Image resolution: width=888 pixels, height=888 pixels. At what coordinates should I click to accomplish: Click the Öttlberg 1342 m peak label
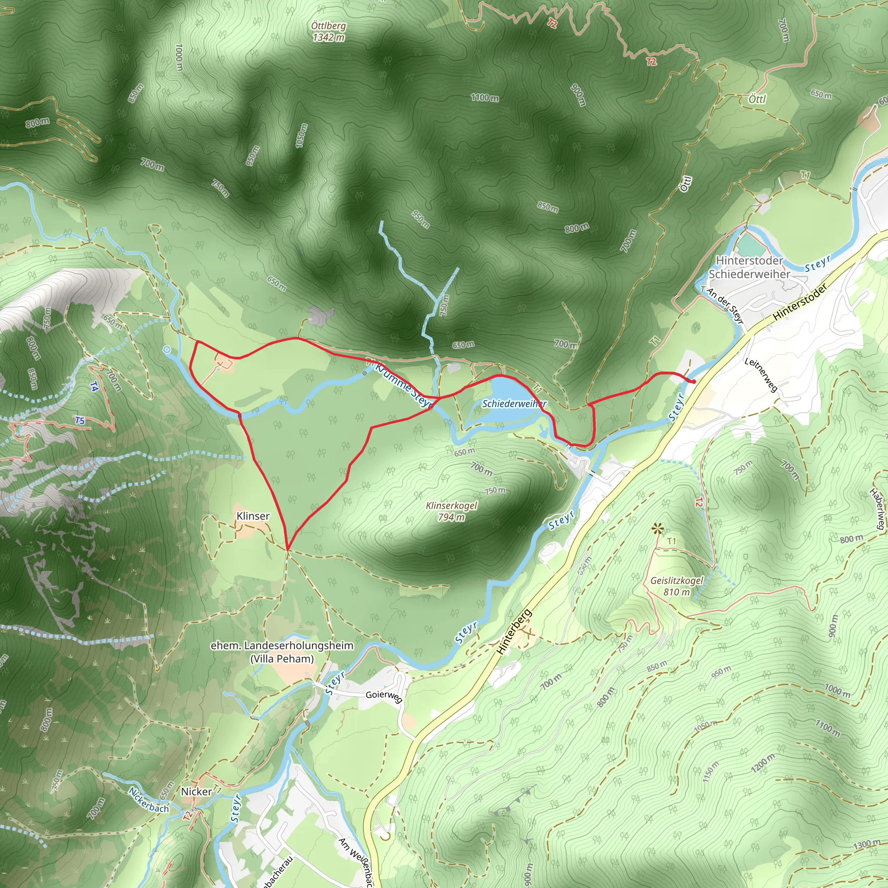pyautogui.click(x=328, y=32)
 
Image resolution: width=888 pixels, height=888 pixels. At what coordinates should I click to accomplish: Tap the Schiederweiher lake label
pyautogui.click(x=514, y=404)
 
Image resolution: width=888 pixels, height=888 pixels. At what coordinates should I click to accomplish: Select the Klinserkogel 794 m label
pyautogui.click(x=451, y=511)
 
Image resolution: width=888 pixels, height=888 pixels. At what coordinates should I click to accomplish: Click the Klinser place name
pyautogui.click(x=253, y=516)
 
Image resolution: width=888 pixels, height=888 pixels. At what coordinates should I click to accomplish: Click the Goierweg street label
pyautogui.click(x=384, y=695)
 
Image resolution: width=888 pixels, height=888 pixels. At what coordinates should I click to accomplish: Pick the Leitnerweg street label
pyautogui.click(x=761, y=375)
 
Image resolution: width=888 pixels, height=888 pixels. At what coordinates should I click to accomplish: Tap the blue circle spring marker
pyautogui.click(x=167, y=350)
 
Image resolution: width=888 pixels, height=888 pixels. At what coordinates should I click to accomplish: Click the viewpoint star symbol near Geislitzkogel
pyautogui.click(x=658, y=529)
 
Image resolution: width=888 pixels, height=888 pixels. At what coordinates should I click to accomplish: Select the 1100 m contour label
pyautogui.click(x=484, y=98)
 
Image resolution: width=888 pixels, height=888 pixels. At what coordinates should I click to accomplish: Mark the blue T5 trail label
pyautogui.click(x=80, y=421)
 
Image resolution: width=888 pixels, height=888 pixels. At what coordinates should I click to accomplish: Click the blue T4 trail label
pyautogui.click(x=94, y=386)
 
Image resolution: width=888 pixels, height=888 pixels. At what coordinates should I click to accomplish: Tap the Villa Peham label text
pyautogui.click(x=282, y=659)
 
